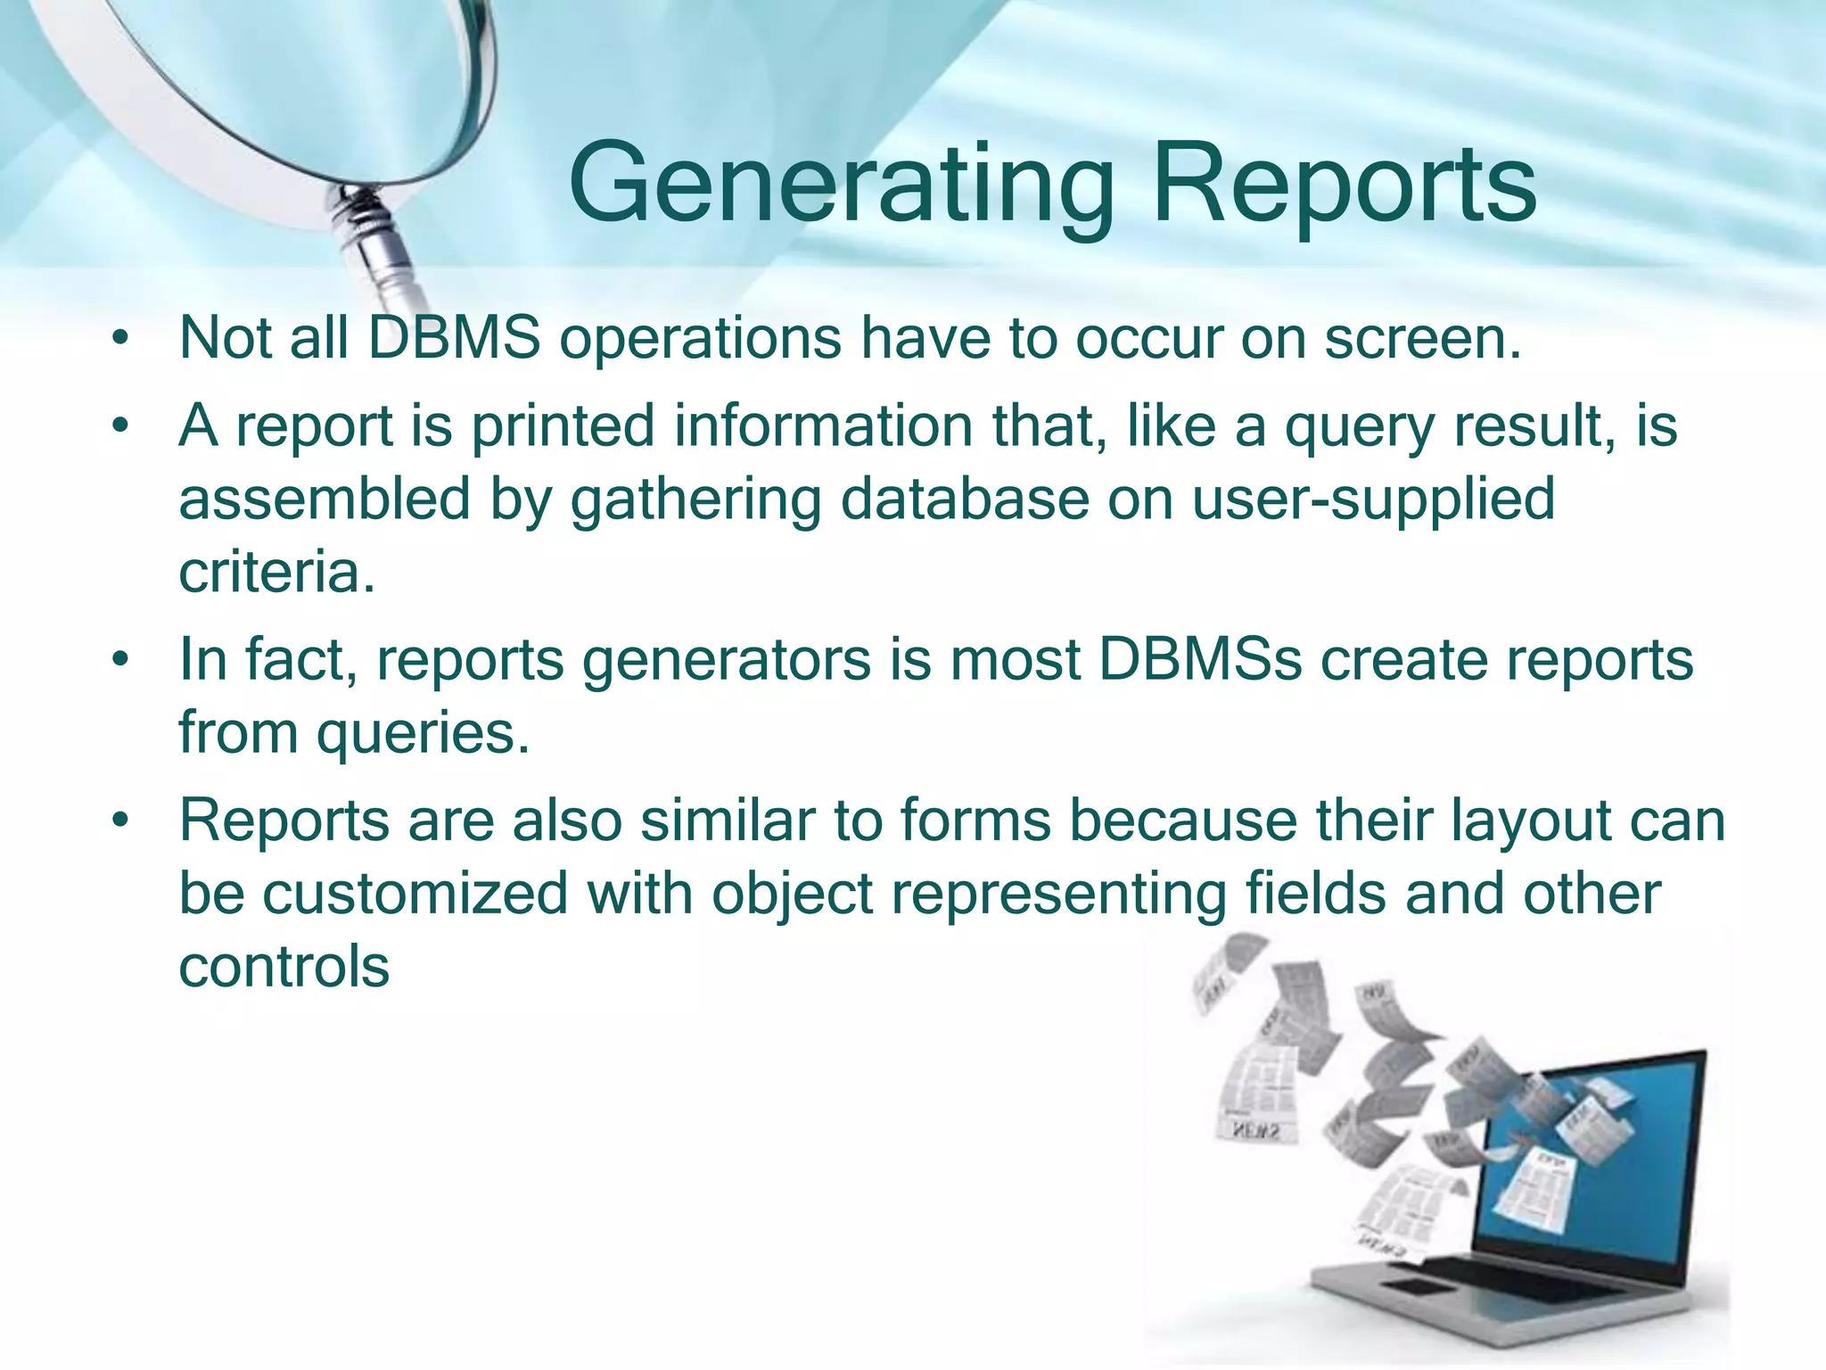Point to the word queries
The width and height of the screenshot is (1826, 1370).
coord(424,734)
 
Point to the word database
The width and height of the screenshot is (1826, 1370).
coord(965,499)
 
